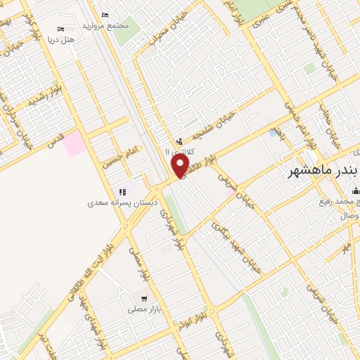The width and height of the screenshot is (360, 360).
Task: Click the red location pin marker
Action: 181,166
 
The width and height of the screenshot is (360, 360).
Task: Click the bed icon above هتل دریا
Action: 60,29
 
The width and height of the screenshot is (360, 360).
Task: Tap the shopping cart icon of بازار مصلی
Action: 143,298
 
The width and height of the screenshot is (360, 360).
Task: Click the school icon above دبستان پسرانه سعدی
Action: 121,191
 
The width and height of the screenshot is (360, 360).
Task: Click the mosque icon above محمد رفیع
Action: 356,191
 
